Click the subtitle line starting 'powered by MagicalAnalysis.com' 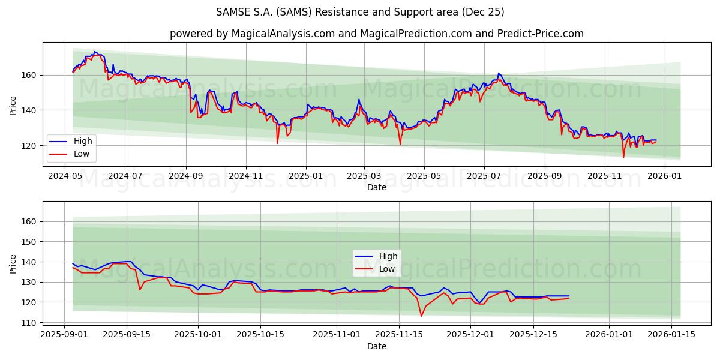coord(376,34)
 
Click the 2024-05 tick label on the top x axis coord(64,176)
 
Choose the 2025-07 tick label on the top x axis coord(484,176)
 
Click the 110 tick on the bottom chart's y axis coord(29,322)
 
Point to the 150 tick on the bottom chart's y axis coord(29,242)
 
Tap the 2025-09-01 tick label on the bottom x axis coord(64,334)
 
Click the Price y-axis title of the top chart coord(13,104)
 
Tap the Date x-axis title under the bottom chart coord(376,346)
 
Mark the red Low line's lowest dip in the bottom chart coord(421,316)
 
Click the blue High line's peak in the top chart coord(94,52)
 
